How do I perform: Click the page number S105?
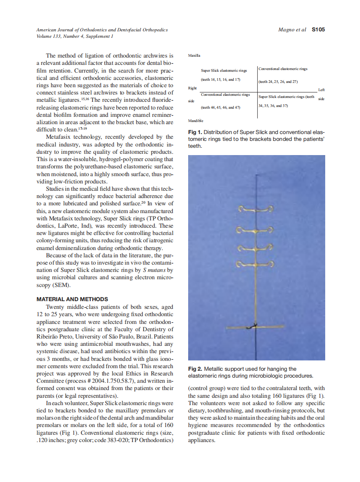click(318, 30)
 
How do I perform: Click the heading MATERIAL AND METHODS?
click(72, 299)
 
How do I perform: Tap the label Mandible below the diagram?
click(195, 121)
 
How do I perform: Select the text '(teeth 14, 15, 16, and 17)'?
click(220, 79)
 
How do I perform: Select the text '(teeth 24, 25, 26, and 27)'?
click(278, 82)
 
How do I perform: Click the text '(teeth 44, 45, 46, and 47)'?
click(220, 108)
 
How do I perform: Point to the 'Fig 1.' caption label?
click(195, 132)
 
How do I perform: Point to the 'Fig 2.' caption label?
click(195, 369)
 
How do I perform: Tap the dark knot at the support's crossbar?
click(254, 326)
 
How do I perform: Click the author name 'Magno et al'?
click(292, 30)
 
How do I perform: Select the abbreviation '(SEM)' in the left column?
click(61, 285)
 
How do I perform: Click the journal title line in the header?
click(102, 30)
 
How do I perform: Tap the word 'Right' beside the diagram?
click(192, 88)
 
